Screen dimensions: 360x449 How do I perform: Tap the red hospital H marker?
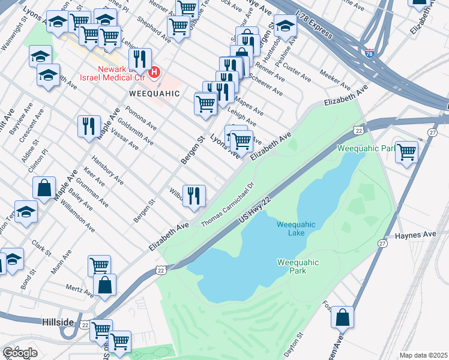(x=154, y=73)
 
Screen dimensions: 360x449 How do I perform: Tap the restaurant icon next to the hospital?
(x=139, y=59)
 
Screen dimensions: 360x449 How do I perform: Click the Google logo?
(x=20, y=353)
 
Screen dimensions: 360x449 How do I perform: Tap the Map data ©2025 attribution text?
(x=423, y=355)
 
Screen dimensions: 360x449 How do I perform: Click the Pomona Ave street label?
(x=141, y=119)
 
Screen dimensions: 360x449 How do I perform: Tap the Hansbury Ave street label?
(x=106, y=170)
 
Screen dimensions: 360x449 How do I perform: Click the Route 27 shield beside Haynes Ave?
(x=382, y=242)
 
